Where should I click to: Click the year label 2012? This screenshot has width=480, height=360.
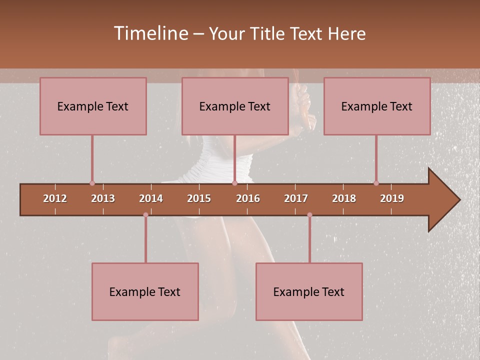click(55, 198)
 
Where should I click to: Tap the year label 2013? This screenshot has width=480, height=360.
click(103, 198)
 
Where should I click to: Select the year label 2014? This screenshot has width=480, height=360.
click(151, 198)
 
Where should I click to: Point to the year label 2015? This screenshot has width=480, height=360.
click(199, 198)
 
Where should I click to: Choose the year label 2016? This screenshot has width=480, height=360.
click(248, 198)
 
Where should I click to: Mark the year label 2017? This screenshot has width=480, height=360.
click(296, 198)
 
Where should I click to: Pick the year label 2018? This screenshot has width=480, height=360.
click(344, 198)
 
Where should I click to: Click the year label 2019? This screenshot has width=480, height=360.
click(392, 198)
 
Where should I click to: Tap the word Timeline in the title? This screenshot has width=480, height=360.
click(150, 33)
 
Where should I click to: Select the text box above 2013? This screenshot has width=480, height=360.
click(93, 106)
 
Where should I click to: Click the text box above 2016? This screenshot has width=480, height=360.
click(235, 106)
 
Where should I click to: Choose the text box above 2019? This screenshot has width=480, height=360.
click(377, 106)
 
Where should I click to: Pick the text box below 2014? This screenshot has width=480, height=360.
click(145, 291)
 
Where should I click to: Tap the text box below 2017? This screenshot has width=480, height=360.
click(309, 291)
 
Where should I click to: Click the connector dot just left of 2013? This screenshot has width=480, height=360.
click(92, 183)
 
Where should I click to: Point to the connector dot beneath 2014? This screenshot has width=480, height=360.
click(145, 215)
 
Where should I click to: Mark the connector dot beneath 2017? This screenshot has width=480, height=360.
click(309, 215)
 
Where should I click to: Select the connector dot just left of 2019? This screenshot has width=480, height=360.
click(376, 183)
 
